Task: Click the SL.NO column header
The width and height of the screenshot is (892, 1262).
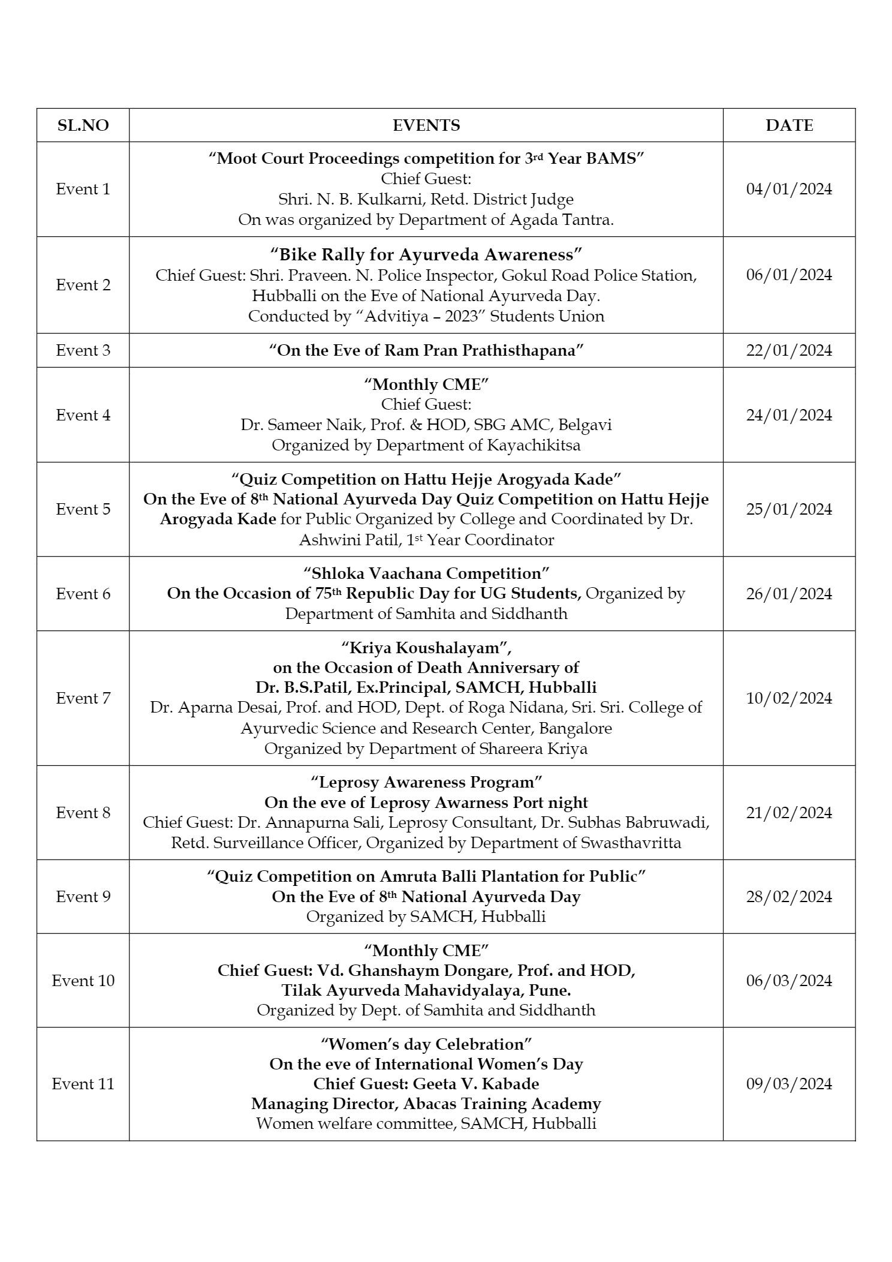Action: click(x=83, y=125)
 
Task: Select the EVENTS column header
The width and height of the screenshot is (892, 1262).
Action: click(x=426, y=125)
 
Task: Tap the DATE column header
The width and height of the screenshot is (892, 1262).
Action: click(x=789, y=125)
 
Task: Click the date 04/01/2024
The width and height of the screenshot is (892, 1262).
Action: click(x=789, y=189)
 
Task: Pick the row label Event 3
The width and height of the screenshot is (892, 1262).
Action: click(x=83, y=350)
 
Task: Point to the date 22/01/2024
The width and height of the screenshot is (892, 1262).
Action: click(x=789, y=350)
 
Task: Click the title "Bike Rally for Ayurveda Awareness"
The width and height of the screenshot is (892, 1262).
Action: click(x=426, y=255)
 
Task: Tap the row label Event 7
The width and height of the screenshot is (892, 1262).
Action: click(x=83, y=698)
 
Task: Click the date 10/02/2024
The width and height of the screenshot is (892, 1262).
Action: click(x=789, y=698)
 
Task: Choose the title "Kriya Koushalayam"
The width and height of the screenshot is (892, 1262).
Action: click(x=426, y=648)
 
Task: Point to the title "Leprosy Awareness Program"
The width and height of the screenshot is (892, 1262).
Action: click(x=426, y=782)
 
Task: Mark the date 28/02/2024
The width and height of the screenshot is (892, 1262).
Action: click(x=789, y=897)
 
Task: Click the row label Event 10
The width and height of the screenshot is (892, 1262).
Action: click(x=83, y=981)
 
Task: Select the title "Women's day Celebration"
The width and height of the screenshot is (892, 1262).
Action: click(x=426, y=1044)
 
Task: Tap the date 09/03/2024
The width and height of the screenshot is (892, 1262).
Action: click(x=789, y=1084)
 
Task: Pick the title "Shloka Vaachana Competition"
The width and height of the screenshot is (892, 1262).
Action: click(x=426, y=573)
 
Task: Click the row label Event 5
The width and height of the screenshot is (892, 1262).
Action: click(x=83, y=509)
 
